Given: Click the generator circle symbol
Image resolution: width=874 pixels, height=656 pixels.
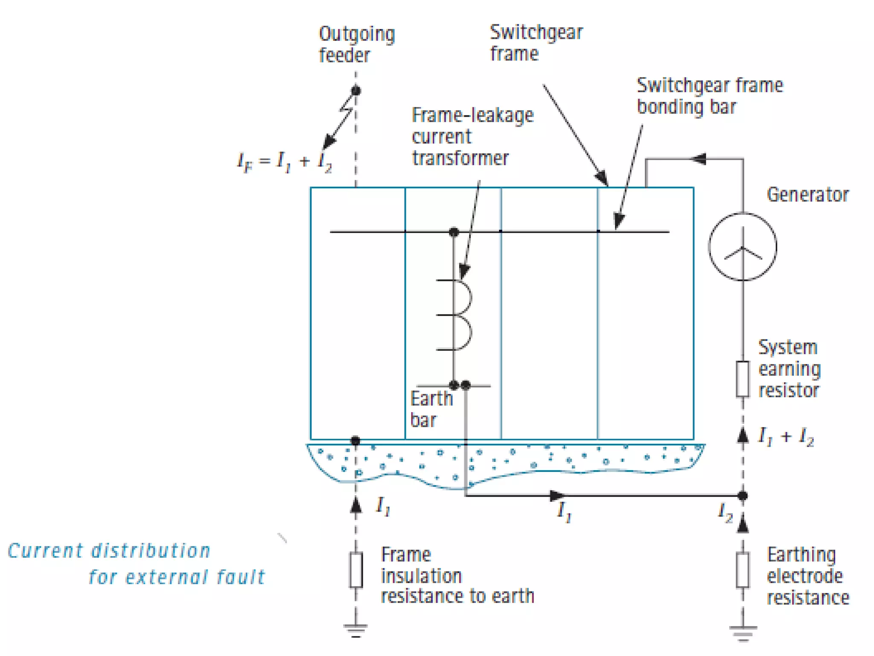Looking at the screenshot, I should [x=742, y=247].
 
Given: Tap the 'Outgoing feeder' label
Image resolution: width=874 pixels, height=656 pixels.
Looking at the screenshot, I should [x=356, y=44].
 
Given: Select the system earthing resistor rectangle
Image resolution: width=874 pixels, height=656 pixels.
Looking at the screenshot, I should [x=742, y=379].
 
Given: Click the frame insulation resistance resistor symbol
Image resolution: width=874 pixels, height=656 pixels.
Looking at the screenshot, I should [x=356, y=570].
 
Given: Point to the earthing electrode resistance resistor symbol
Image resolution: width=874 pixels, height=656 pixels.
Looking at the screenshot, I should [x=742, y=570].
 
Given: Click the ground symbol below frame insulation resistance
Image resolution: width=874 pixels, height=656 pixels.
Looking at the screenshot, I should [x=356, y=630].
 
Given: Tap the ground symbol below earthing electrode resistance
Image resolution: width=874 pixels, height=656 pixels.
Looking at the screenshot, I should [x=743, y=631].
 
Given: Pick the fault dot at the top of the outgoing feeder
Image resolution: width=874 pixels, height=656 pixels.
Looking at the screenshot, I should [x=356, y=91].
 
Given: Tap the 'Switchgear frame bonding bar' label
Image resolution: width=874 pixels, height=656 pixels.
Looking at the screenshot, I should [x=709, y=96].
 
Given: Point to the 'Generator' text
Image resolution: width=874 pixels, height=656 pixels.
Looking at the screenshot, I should [x=807, y=195].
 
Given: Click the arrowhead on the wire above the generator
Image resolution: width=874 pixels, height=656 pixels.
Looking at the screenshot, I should [x=699, y=159].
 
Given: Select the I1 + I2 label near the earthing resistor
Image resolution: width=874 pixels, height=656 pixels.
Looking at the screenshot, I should [x=786, y=437].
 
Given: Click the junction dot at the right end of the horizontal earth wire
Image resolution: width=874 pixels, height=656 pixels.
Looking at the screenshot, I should [x=743, y=496].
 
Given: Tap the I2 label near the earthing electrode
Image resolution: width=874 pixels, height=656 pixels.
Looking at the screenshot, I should [x=725, y=512].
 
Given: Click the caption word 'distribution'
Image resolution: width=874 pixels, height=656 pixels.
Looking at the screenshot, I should [x=151, y=551].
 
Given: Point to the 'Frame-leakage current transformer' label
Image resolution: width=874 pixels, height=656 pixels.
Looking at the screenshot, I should [x=472, y=137].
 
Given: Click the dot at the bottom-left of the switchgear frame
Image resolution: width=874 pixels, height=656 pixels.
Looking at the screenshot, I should [x=355, y=440].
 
